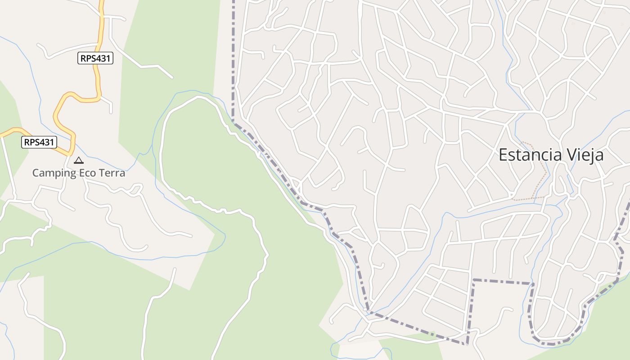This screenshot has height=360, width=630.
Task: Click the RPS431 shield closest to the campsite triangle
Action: tap(39, 142)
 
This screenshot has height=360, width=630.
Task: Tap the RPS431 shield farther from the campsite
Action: tap(95, 58)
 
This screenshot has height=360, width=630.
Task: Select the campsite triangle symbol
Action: tap(79, 160)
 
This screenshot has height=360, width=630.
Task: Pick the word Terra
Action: tap(112, 173)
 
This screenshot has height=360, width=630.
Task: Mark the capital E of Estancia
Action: tap(503, 155)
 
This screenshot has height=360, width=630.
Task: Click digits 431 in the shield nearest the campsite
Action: tap(46, 142)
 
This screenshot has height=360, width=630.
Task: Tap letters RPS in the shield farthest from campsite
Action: tap(88, 58)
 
